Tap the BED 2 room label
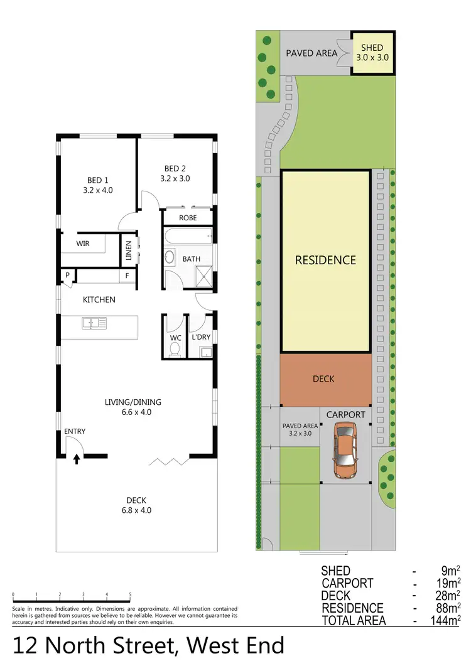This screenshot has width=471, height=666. tap(176, 173)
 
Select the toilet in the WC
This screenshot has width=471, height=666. tap(175, 348)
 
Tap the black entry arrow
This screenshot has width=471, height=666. tap(77, 459)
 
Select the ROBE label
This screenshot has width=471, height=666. tap(188, 218)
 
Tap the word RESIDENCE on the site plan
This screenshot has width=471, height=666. tap(325, 260)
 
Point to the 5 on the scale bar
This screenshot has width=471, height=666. tap(130, 594)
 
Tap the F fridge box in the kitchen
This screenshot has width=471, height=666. tap(127, 275)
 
